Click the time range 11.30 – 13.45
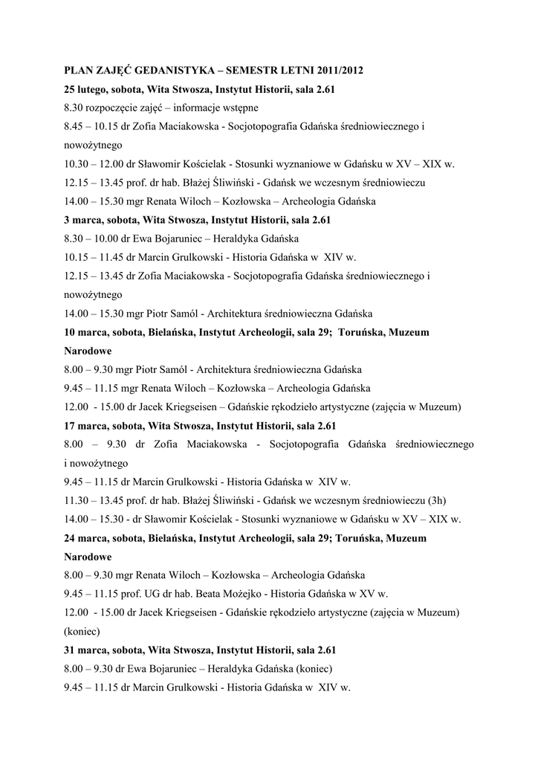tap(94, 500)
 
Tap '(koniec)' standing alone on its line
tap(84, 631)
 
